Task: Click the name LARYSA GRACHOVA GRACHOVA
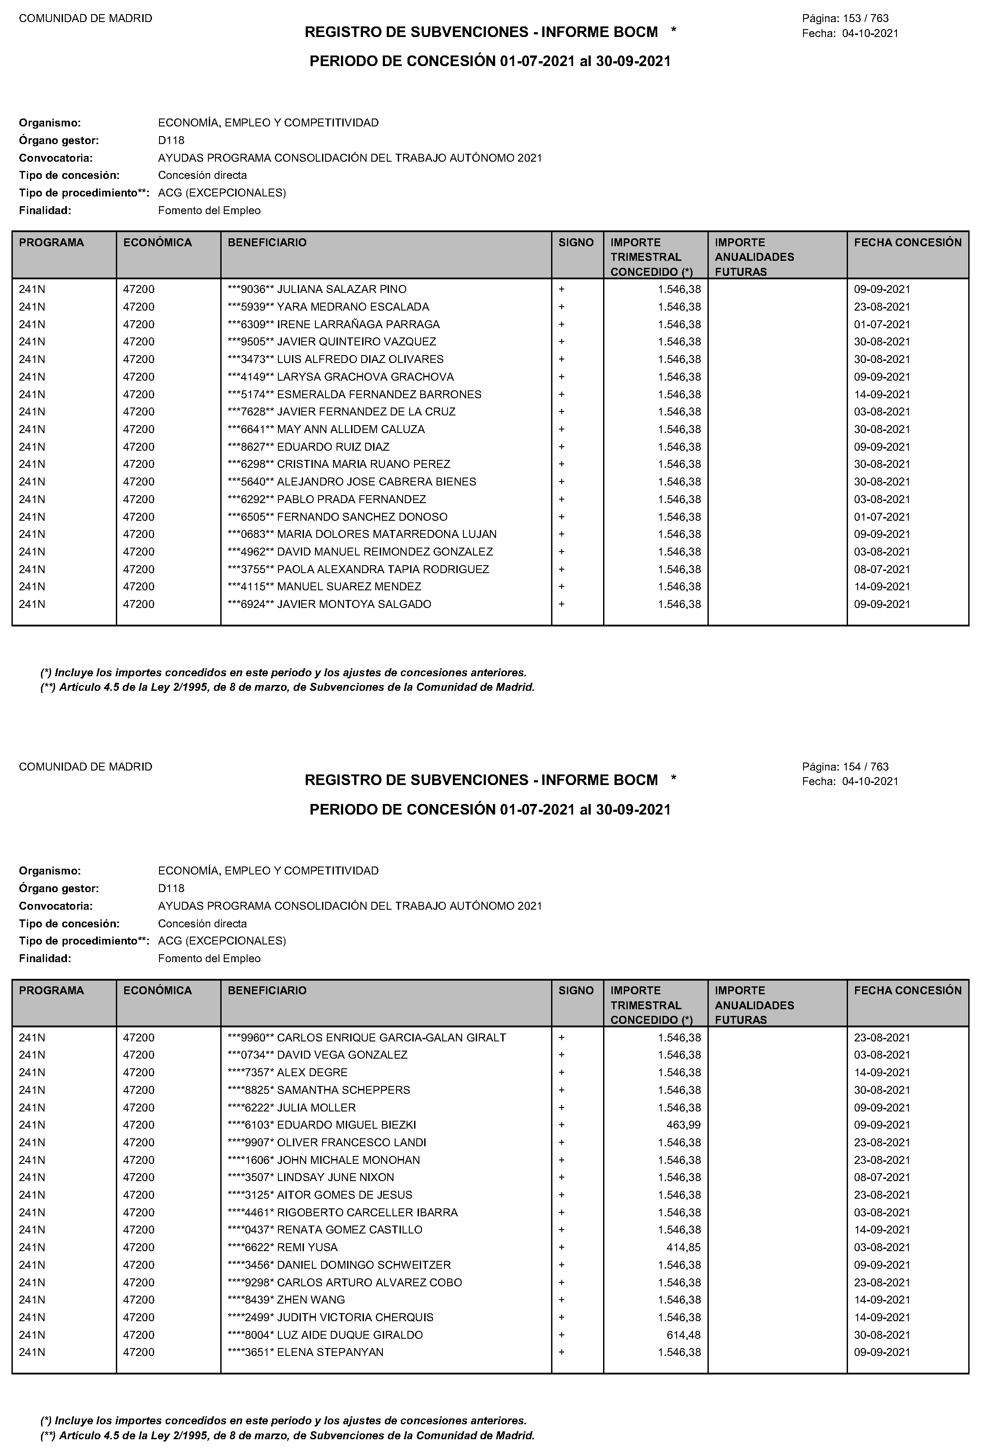(x=365, y=377)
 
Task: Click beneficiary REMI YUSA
(x=307, y=1247)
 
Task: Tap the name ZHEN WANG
(x=311, y=1300)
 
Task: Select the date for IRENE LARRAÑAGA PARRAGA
(x=882, y=324)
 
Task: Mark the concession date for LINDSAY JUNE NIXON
(x=882, y=1177)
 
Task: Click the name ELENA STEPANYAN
(x=330, y=1352)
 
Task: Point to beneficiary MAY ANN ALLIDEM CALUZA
(x=350, y=429)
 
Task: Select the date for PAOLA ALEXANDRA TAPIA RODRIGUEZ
(x=882, y=569)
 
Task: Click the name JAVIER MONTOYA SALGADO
(x=354, y=604)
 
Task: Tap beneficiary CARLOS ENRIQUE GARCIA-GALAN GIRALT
(x=391, y=1037)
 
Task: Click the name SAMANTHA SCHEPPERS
(x=343, y=1089)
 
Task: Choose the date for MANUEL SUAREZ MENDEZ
(x=882, y=587)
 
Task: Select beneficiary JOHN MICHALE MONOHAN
(x=348, y=1159)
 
